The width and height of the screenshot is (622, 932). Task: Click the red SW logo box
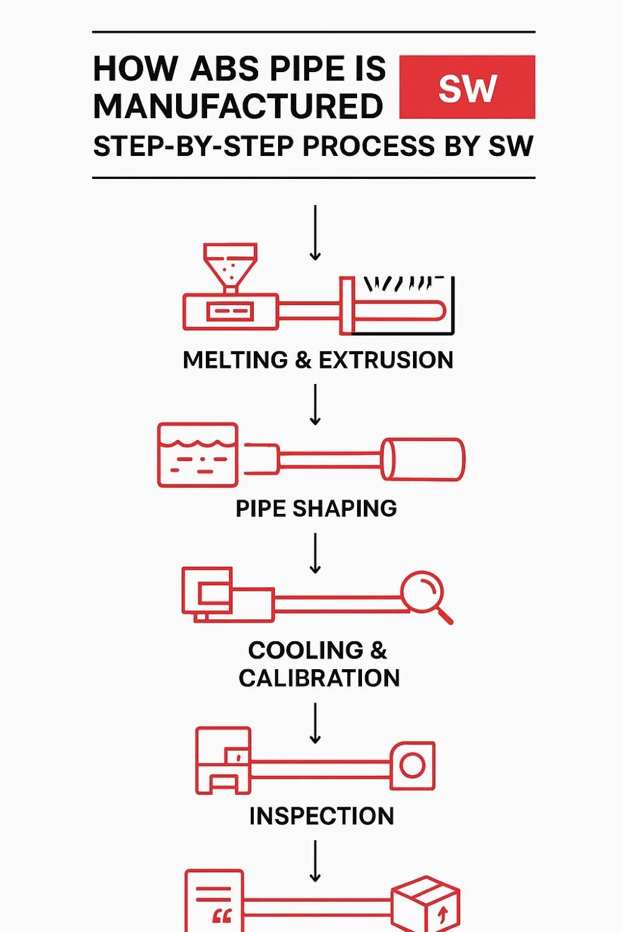coord(467,87)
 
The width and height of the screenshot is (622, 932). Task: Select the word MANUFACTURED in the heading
coord(238,106)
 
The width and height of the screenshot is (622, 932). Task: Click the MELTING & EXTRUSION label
coord(318,360)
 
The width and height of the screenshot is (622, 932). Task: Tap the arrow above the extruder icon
coord(315,232)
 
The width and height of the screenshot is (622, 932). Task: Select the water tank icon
coord(198,455)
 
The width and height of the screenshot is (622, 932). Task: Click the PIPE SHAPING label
coord(316,509)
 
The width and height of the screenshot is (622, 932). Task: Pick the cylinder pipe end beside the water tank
coord(423,459)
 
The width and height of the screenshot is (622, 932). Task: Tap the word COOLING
coord(305,651)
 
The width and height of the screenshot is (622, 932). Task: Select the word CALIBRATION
coord(319,678)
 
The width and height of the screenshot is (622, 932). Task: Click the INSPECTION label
coord(322,816)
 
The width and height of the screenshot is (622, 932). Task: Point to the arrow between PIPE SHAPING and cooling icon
coord(315,553)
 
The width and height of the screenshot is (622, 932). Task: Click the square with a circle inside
coord(412,765)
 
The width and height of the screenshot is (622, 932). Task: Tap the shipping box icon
coord(425,905)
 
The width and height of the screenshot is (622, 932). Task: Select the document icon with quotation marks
coord(214,901)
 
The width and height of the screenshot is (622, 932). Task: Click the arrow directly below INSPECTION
coord(315,861)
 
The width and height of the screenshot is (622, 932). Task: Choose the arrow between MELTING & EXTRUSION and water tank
coord(315,404)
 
